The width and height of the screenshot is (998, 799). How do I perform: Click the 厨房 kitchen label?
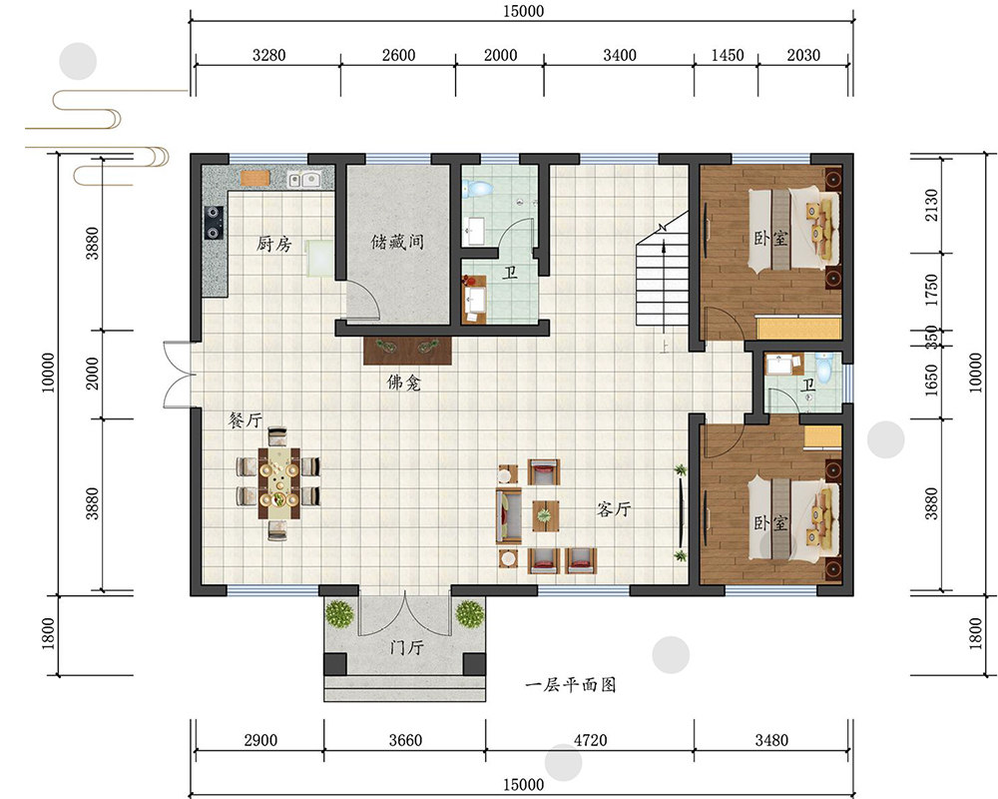pyautogui.click(x=273, y=244)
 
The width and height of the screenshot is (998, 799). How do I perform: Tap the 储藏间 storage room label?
pyautogui.click(x=397, y=242)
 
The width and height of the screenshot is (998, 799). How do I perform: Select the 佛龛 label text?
pyautogui.click(x=403, y=383)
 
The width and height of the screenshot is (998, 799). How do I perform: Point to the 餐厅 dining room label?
pyautogui.click(x=246, y=419)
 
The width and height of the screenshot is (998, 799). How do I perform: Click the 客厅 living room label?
pyautogui.click(x=614, y=508)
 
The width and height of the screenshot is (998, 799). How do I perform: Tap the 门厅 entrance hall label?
pyautogui.click(x=406, y=647)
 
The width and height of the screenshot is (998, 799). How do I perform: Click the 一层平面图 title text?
pyautogui.click(x=570, y=685)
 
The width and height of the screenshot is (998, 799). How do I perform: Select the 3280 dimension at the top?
pyautogui.click(x=268, y=56)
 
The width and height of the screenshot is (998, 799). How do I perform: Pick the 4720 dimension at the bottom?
pyautogui.click(x=590, y=740)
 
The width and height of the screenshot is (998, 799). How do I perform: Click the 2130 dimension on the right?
pyautogui.click(x=930, y=205)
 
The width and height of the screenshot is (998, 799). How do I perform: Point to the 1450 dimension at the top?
pyautogui.click(x=727, y=56)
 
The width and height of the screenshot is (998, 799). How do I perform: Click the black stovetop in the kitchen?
pyautogui.click(x=214, y=223)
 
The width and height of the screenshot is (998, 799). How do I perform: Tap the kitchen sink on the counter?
pyautogui.click(x=303, y=180)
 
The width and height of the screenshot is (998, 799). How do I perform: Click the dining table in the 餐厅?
pyautogui.click(x=278, y=482)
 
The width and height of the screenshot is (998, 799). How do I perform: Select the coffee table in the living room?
pyautogui.click(x=546, y=515)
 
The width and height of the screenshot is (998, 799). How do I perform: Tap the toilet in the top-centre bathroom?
pyautogui.click(x=477, y=188)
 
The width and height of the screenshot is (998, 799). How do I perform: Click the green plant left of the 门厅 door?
pyautogui.click(x=339, y=613)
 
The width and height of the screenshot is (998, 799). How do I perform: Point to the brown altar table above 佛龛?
pyautogui.click(x=407, y=351)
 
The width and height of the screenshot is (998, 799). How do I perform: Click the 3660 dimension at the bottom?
pyautogui.click(x=405, y=740)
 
